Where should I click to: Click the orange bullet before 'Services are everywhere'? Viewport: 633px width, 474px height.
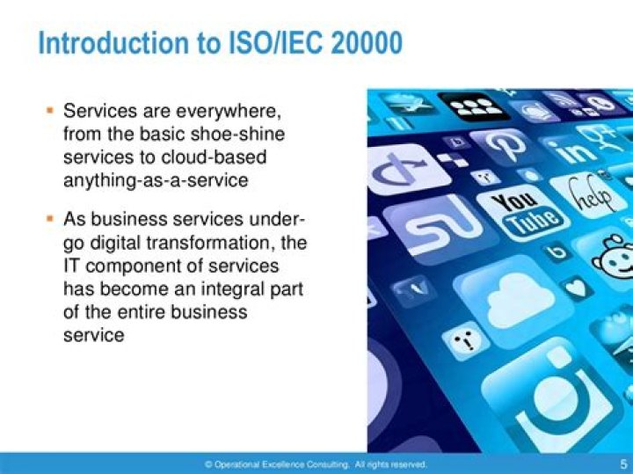(49, 112)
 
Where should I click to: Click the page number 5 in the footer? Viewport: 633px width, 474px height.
(622, 463)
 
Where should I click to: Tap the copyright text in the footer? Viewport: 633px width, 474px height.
(316, 463)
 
